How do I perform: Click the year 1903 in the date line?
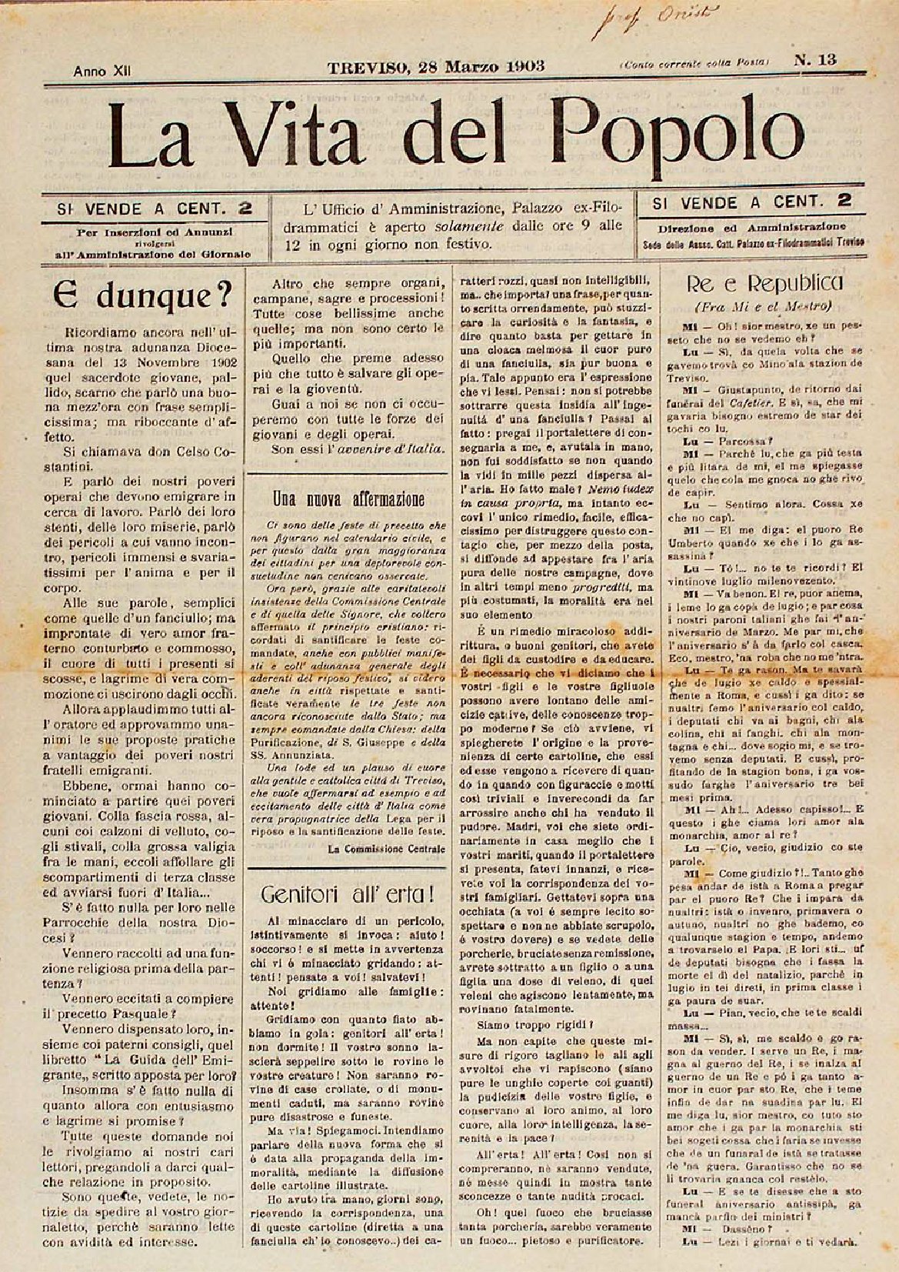pos(525,65)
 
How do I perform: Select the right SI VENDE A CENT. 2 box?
pos(751,203)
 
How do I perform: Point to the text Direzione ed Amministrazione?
pos(751,227)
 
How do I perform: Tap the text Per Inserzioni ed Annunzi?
pos(151,231)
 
